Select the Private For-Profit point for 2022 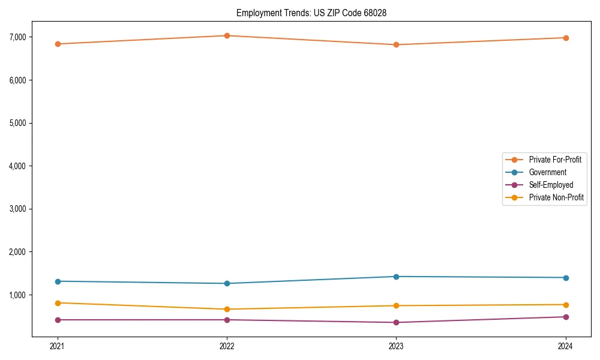227,35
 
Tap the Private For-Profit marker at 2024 566,38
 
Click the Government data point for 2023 396,277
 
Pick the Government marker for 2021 58,281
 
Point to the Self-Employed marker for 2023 396,322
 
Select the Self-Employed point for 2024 566,317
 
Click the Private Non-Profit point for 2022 227,309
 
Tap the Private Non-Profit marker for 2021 58,303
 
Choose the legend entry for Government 547,172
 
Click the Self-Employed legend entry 551,185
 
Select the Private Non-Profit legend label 556,197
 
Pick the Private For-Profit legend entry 554,160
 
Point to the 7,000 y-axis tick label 17,37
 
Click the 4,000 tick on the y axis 17,166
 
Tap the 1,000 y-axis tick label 17,295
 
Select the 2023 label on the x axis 396,346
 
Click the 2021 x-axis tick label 58,346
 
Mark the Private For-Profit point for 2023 396,44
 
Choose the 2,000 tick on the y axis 17,252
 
